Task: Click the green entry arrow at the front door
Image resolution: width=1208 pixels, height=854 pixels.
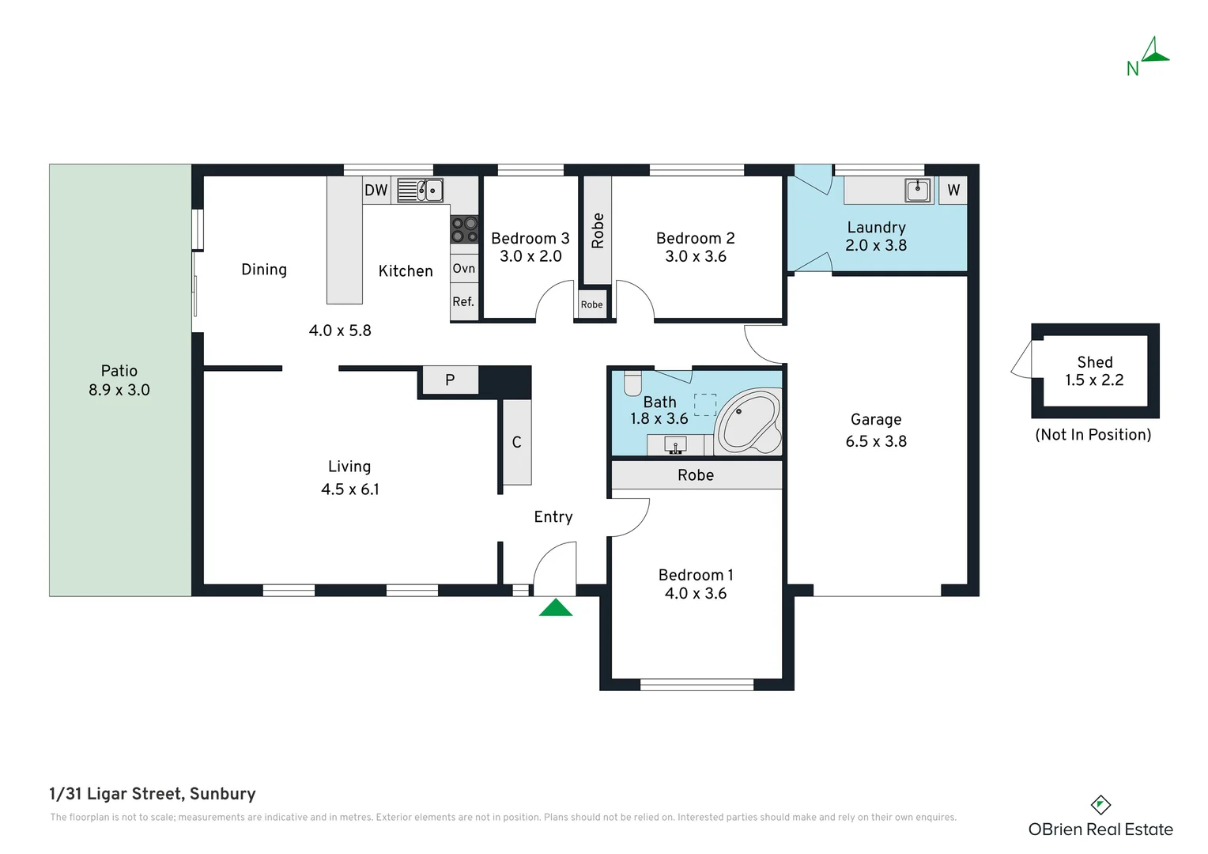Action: (556, 609)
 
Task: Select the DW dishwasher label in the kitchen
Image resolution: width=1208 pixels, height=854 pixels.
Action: (376, 190)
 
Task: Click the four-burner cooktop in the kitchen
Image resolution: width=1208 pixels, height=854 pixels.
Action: (464, 229)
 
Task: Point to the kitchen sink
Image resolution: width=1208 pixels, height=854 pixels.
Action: (420, 191)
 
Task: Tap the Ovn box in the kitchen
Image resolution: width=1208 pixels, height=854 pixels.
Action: (464, 268)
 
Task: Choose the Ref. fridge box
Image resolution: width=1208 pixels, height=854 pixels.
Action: (464, 301)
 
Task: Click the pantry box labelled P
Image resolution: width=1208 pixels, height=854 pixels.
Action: (450, 380)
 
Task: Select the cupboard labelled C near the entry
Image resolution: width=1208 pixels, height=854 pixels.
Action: (517, 442)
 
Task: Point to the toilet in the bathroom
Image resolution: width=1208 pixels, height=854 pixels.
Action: (632, 384)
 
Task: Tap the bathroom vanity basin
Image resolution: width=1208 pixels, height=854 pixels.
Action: (675, 445)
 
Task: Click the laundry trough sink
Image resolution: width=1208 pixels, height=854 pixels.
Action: (917, 190)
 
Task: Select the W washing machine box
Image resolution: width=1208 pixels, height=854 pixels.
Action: (953, 190)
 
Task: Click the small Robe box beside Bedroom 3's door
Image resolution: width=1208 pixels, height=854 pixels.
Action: (591, 304)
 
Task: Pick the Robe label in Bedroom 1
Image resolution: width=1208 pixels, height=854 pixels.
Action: (696, 475)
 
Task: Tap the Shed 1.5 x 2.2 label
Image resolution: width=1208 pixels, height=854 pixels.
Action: (1095, 371)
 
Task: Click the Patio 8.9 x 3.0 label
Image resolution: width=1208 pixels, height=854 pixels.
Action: (119, 380)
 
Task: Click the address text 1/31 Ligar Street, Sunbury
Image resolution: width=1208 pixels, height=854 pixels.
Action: (153, 794)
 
